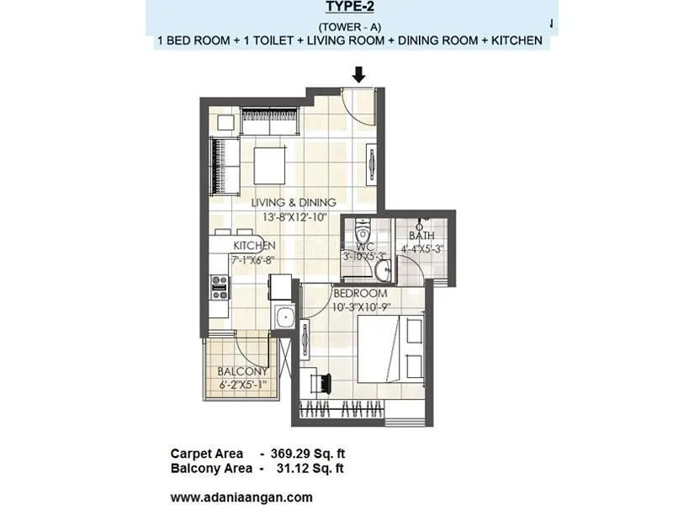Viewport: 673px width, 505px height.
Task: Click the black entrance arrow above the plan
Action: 359,74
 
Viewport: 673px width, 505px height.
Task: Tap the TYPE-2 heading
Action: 347,8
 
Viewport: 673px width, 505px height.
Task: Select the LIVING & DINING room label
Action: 294,203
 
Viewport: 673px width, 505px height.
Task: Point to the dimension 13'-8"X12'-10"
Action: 294,215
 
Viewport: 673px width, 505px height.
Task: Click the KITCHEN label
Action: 255,246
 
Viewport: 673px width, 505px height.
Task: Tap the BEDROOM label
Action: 359,294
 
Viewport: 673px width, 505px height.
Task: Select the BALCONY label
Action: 242,371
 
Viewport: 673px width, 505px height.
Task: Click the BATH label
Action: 421,236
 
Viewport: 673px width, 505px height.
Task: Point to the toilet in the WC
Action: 363,231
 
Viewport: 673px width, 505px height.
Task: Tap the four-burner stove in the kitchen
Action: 220,288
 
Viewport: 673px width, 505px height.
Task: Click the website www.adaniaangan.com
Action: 241,497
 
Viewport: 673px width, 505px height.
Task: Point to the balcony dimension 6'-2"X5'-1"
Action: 242,385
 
